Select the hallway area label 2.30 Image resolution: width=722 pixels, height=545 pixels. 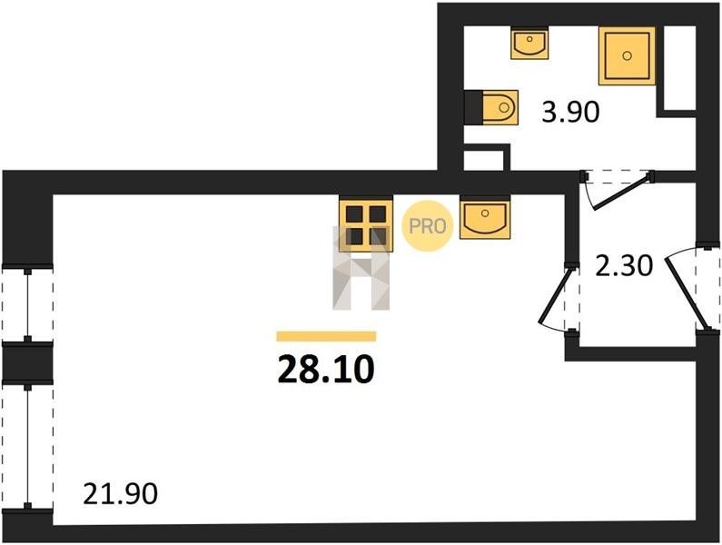(622, 266)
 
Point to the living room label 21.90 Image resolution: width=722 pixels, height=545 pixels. (120, 494)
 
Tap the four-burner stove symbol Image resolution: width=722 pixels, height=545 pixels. (365, 223)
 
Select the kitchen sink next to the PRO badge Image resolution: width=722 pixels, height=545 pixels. (484, 219)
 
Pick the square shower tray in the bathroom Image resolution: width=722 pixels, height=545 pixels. (627, 56)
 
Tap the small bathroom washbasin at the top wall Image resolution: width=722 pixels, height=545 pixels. (528, 43)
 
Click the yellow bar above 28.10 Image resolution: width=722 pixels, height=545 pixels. (325, 336)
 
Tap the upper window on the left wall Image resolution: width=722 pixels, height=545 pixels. (28, 304)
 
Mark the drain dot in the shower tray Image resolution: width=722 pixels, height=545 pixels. (627, 55)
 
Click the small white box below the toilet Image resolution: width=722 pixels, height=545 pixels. (484, 160)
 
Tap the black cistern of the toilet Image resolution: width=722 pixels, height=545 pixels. (472, 108)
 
